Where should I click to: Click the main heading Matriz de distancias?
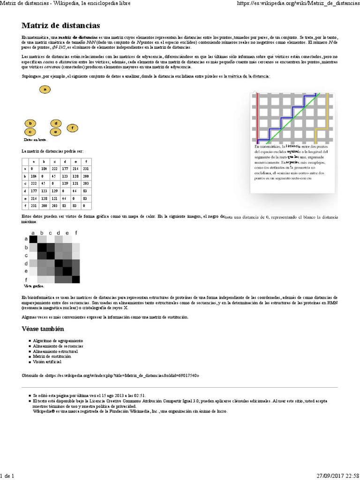(x=60, y=25)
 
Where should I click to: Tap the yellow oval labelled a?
(x=45, y=89)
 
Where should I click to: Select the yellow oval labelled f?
(x=72, y=127)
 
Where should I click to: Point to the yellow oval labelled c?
(x=30, y=132)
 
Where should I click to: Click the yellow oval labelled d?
(x=56, y=123)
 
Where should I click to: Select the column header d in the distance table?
(x=65, y=161)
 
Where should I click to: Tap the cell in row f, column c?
(x=54, y=206)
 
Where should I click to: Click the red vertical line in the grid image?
(x=257, y=117)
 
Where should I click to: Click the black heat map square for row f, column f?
(x=75, y=279)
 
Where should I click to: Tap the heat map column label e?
(x=67, y=232)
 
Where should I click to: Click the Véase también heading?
(x=42, y=329)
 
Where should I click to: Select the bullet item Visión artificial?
(x=47, y=362)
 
